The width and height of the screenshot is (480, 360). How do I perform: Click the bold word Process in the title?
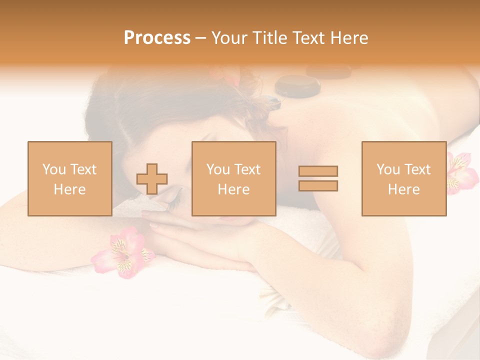point(157,37)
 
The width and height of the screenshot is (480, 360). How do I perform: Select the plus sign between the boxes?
point(152,179)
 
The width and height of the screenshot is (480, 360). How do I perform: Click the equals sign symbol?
point(318,178)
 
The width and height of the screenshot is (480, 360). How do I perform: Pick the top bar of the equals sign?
point(318,171)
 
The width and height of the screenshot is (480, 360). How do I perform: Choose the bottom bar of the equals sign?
point(318,186)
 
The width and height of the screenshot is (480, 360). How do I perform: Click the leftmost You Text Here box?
point(69,178)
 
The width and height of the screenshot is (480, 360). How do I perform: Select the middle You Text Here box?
point(233,178)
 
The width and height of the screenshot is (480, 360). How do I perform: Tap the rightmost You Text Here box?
point(403,178)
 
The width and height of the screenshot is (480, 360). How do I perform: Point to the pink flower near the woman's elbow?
point(123,251)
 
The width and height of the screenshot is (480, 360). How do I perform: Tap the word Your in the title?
point(229,37)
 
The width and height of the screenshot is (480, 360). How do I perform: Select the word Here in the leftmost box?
point(69,189)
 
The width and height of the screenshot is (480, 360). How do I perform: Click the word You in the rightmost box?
point(387,169)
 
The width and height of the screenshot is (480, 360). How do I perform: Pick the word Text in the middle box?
point(247,169)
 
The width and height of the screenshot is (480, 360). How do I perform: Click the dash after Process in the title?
point(201,38)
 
